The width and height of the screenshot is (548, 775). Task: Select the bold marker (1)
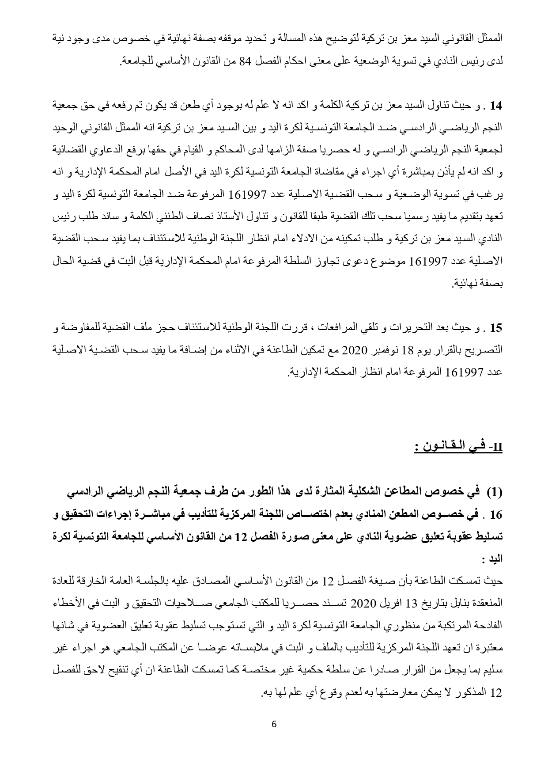[495, 491]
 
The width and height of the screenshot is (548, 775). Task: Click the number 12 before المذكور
[497, 692]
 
